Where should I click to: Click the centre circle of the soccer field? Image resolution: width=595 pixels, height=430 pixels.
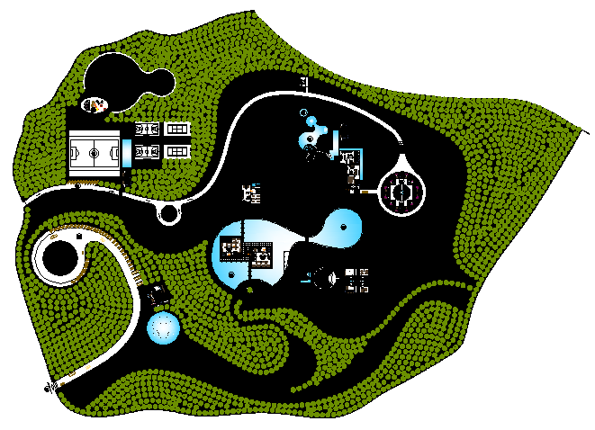point(95,153)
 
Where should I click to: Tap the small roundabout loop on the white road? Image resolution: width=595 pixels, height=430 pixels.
point(168,213)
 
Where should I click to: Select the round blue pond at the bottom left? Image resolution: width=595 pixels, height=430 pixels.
point(163,328)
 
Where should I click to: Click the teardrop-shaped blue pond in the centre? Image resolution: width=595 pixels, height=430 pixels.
point(343,228)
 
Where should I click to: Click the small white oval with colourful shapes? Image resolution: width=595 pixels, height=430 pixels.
point(93,105)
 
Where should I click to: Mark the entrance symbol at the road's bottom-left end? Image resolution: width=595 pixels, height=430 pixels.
point(49,388)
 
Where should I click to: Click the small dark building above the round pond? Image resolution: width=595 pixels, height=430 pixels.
point(159,293)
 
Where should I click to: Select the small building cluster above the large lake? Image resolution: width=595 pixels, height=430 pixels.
point(251,193)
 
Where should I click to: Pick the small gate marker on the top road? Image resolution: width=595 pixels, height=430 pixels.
point(305,85)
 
